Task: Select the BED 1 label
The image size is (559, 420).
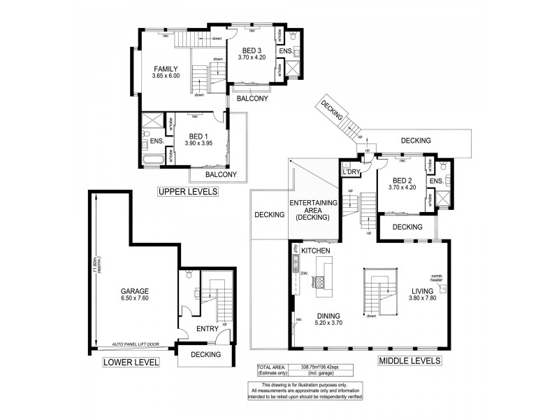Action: click(x=198, y=136)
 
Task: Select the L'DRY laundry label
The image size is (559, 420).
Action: click(x=349, y=170)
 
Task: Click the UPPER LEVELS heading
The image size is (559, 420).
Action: click(x=187, y=192)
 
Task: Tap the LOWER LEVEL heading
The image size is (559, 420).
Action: click(x=131, y=362)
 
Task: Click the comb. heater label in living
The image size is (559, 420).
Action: click(x=438, y=278)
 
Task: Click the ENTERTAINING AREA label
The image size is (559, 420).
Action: click(x=314, y=211)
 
